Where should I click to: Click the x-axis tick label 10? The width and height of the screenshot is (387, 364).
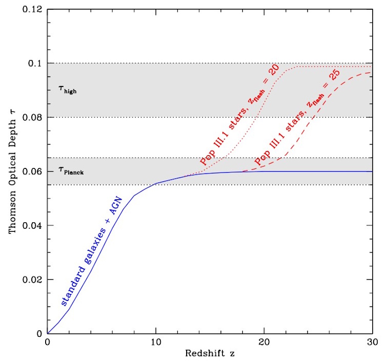(156, 343)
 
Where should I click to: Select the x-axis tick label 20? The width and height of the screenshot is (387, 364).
(264, 343)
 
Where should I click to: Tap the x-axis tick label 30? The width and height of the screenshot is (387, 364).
(372, 343)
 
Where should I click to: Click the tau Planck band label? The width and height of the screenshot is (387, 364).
(70, 171)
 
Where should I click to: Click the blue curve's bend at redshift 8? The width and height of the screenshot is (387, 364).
(134, 196)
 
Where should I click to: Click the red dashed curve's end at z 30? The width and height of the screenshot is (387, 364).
(372, 73)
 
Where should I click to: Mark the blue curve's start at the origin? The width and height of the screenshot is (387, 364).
(48, 333)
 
